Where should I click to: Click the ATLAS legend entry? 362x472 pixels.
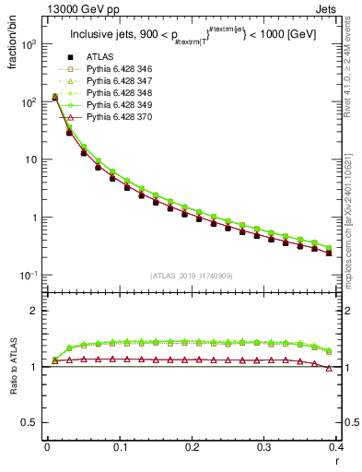click(100, 58)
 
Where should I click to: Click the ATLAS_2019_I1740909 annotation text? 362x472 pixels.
click(192, 277)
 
